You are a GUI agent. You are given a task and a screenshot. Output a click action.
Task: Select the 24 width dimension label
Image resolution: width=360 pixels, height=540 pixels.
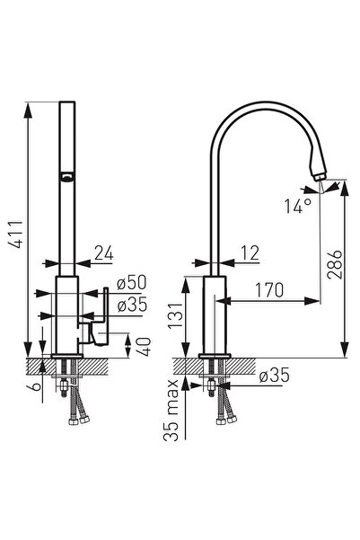(x=104, y=254)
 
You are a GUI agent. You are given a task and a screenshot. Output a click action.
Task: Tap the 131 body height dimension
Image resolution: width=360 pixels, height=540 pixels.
(x=181, y=314)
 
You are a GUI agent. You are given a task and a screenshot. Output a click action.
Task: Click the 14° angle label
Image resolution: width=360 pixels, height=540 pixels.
(x=299, y=205)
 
